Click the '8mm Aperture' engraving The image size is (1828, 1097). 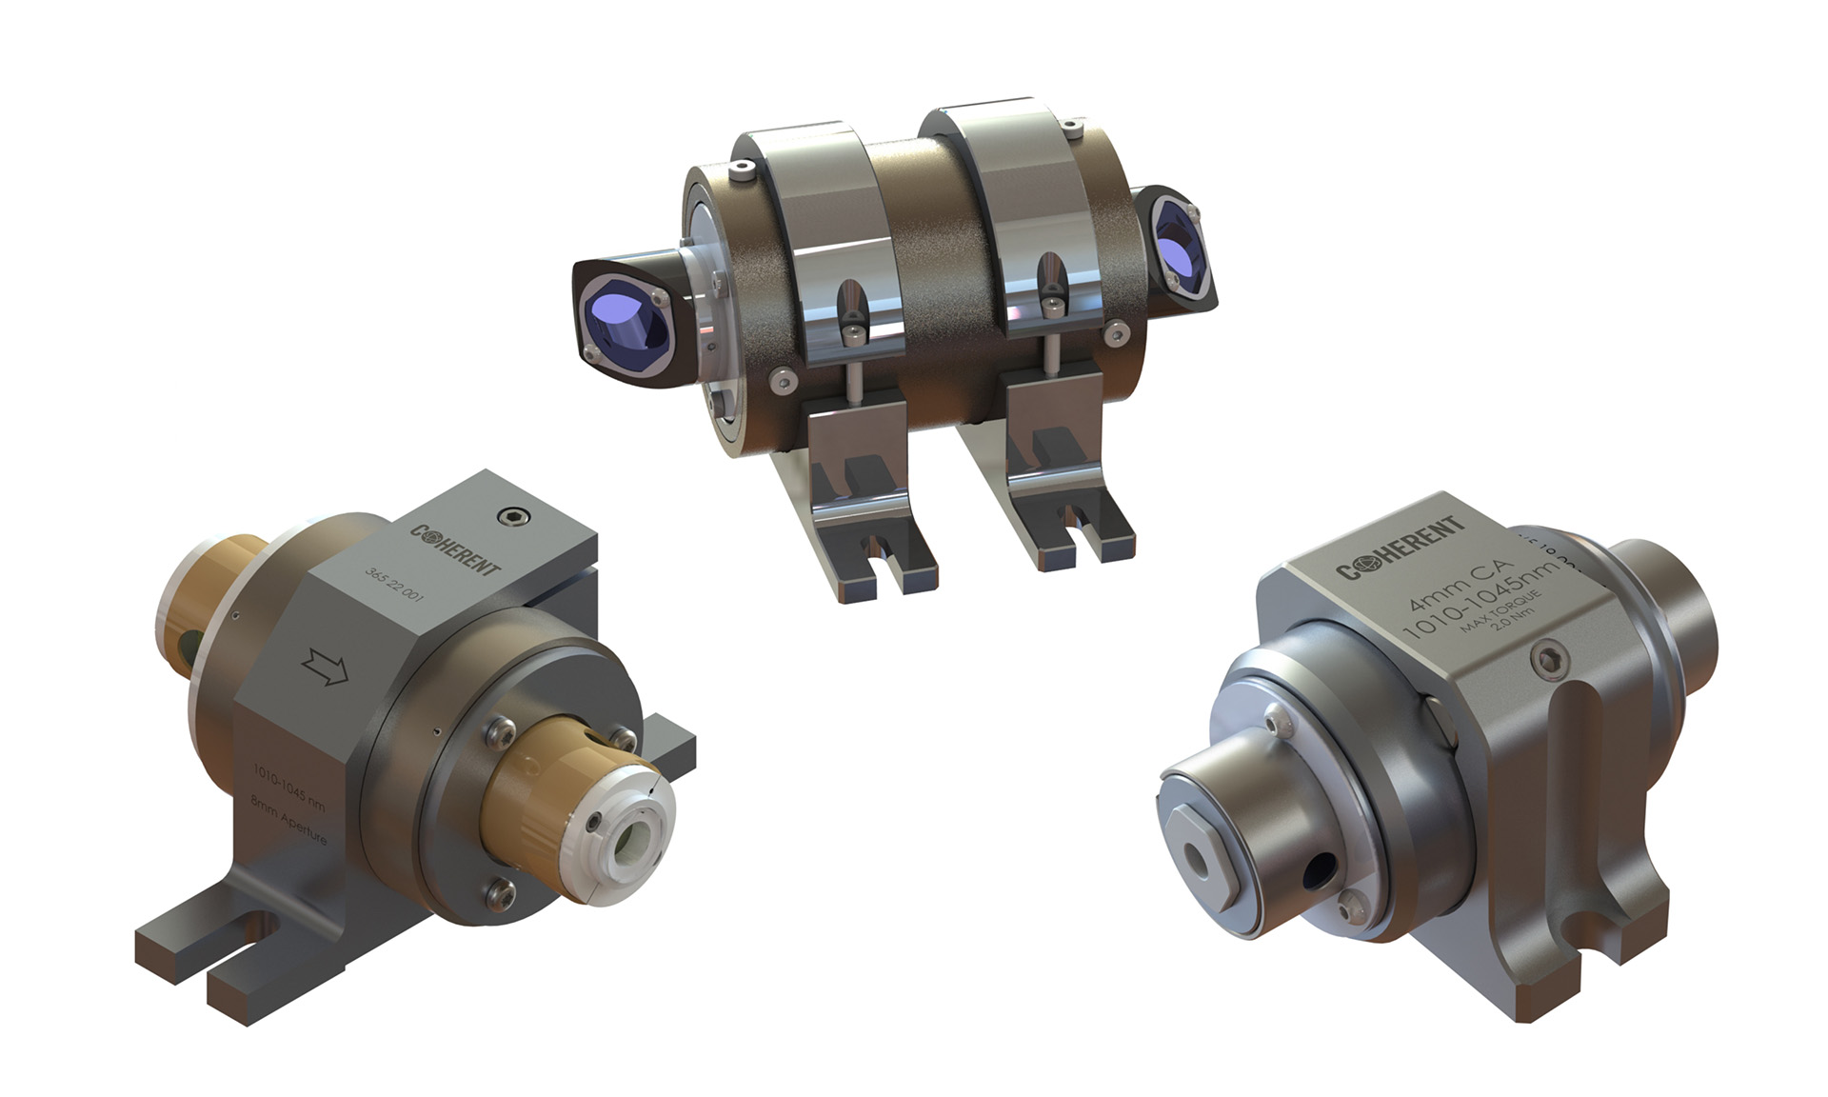288,820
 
